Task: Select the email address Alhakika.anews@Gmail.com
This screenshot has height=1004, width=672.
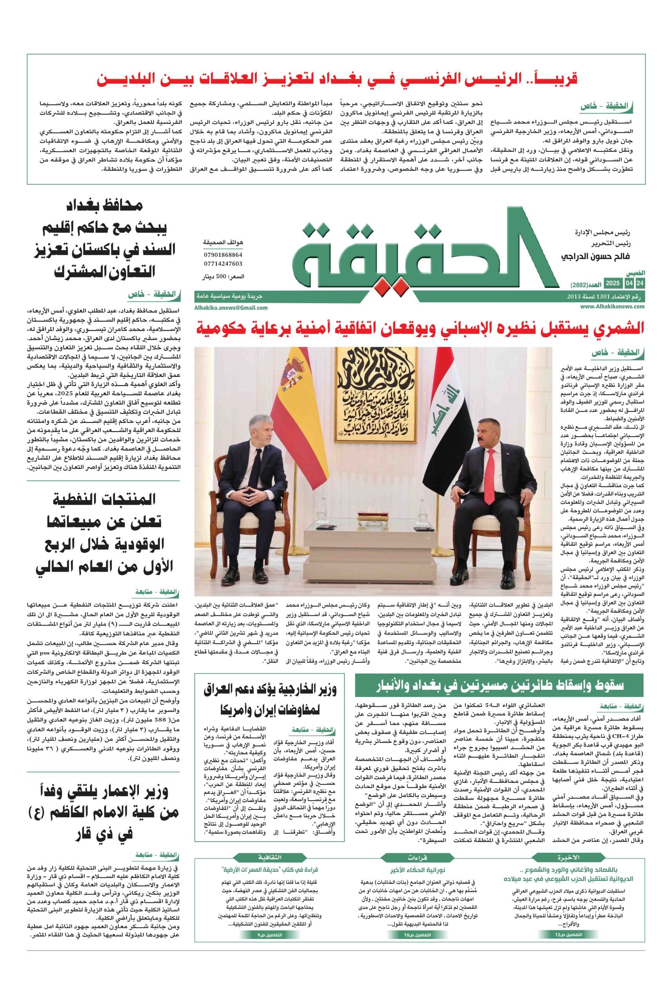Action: point(231,307)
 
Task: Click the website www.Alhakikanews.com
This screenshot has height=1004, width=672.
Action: point(612,306)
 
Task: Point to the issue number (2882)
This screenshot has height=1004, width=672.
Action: point(579,285)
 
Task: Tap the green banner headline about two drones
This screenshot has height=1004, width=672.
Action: point(499,686)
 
